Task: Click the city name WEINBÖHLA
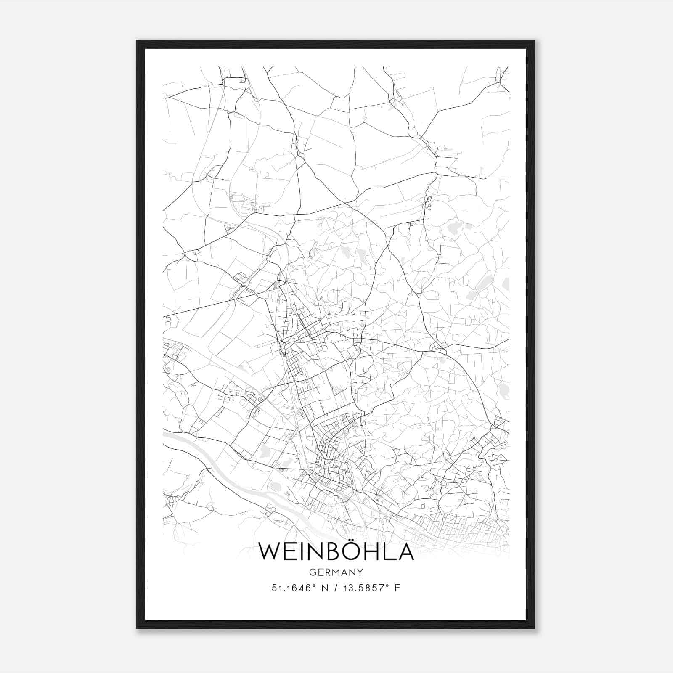336,551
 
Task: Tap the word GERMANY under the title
336,572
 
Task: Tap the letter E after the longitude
397,588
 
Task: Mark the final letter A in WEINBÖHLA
405,551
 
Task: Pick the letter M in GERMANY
336,572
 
